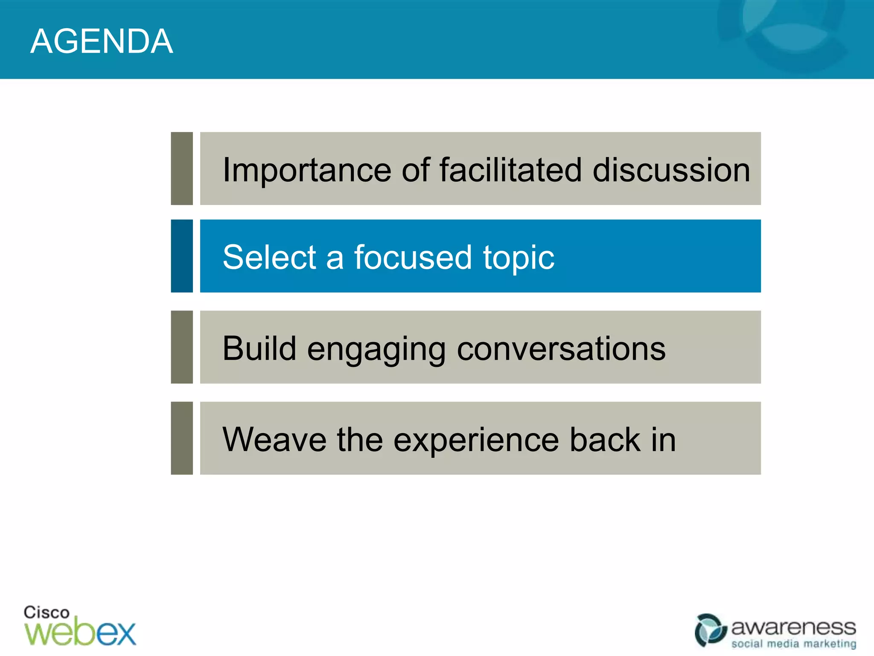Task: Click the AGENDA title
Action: (102, 41)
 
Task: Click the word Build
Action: (259, 348)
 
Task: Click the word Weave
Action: (274, 439)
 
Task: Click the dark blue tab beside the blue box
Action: (182, 256)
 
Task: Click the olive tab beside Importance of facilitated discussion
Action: (182, 168)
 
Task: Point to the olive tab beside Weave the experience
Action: (182, 438)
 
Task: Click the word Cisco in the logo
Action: (46, 612)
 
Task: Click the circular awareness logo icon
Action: (710, 630)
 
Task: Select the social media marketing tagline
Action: (793, 644)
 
